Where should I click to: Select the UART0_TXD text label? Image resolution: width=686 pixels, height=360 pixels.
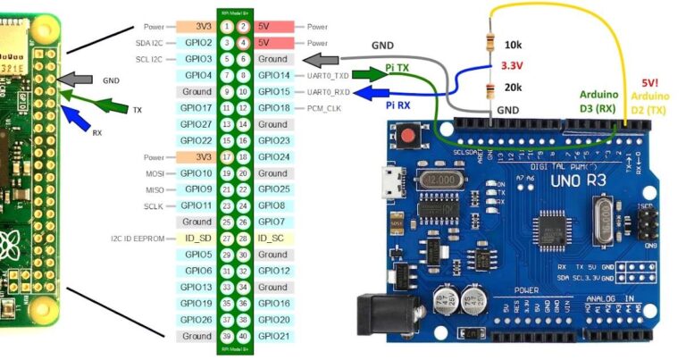point(327,75)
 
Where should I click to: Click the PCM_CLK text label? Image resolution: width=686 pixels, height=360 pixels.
point(323,108)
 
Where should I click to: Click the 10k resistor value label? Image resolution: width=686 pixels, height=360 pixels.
point(513,46)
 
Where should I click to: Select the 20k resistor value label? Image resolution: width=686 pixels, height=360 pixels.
point(513,87)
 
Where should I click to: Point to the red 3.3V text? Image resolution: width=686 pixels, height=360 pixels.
point(513,65)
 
